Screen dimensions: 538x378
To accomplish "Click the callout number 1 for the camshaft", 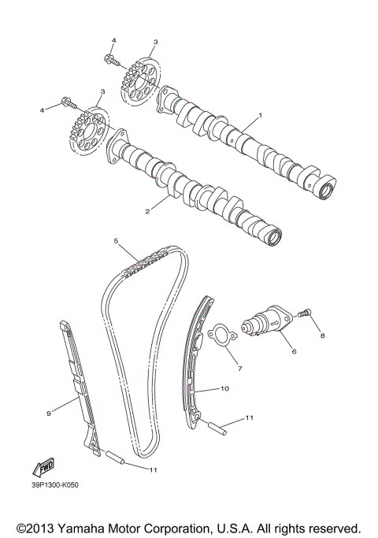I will tap(260, 114).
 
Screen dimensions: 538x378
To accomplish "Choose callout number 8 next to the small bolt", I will tap(321, 335).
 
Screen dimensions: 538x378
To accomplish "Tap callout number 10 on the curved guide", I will tap(224, 389).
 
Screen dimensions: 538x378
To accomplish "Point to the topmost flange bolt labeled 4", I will tap(109, 58).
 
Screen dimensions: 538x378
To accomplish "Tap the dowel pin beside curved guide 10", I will tap(219, 428).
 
